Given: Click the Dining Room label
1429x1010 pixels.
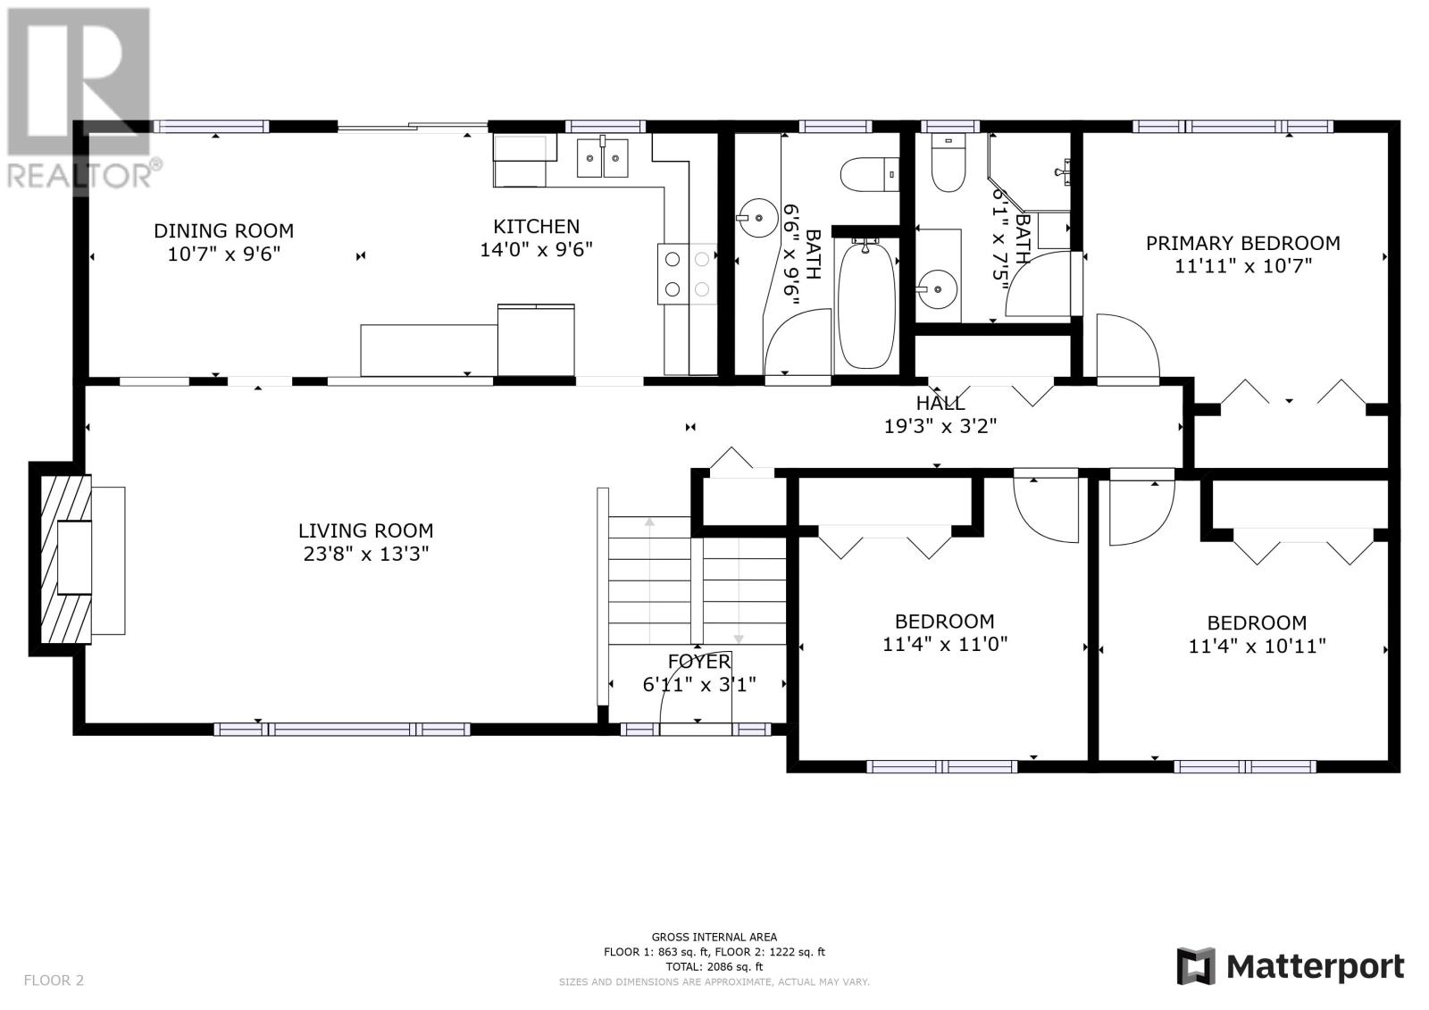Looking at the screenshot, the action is pyautogui.click(x=224, y=230).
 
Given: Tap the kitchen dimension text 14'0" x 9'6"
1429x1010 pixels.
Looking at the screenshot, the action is pyautogui.click(x=536, y=249).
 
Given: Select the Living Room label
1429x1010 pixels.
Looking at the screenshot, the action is pyautogui.click(x=365, y=530).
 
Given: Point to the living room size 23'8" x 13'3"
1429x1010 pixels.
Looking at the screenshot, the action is pyautogui.click(x=365, y=554).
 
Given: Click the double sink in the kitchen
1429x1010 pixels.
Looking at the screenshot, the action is pyautogui.click(x=602, y=157).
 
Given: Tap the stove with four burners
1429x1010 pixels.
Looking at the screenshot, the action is pyautogui.click(x=687, y=274).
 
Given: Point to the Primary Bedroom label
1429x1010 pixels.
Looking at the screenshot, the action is pyautogui.click(x=1242, y=243).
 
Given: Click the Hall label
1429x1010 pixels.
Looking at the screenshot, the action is pyautogui.click(x=940, y=404).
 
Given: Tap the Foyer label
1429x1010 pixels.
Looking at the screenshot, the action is pyautogui.click(x=699, y=662).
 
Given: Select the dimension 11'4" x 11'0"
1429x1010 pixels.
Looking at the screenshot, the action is pyautogui.click(x=945, y=645).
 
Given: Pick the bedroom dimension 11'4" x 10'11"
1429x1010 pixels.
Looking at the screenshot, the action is pyautogui.click(x=1257, y=647).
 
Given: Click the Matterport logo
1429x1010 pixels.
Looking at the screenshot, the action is pyautogui.click(x=1291, y=966).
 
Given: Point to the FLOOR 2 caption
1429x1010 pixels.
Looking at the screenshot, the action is pyautogui.click(x=54, y=980).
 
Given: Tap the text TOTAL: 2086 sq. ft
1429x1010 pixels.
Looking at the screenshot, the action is pyautogui.click(x=714, y=966).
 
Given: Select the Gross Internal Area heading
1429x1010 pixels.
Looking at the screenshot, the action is pyautogui.click(x=714, y=938).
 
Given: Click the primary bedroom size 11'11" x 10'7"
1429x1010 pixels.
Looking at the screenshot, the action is pyautogui.click(x=1242, y=266).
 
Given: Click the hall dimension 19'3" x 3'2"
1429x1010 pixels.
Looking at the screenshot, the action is pyautogui.click(x=940, y=426).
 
